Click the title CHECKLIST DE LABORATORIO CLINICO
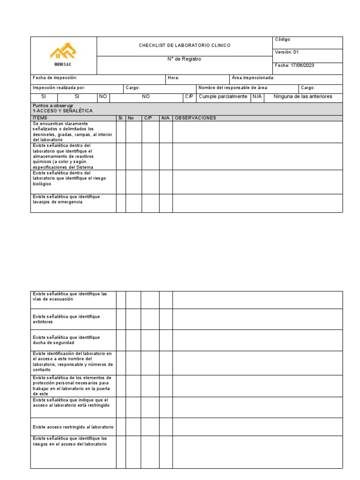[184, 45]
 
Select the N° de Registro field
[184, 59]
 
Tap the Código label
[283, 39]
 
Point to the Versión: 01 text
[286, 52]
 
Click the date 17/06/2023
[302, 65]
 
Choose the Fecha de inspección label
[55, 78]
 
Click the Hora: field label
[173, 78]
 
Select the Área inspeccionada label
[253, 78]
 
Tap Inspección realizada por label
[59, 88]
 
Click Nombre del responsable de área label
[233, 88]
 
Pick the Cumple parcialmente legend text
[223, 97]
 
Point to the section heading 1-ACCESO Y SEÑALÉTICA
[63, 111]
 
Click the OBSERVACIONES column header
[195, 118]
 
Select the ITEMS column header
[40, 118]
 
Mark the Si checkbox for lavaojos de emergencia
[121, 203]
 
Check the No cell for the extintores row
[133, 319]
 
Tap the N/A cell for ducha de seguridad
[166, 340]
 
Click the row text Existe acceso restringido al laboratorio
[73, 427]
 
